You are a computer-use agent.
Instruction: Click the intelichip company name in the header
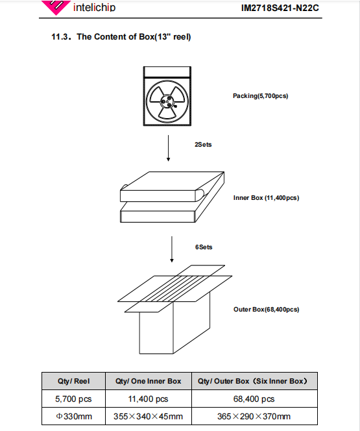pyautogui.click(x=94, y=7)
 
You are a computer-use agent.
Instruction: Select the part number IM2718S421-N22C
pyautogui.click(x=280, y=8)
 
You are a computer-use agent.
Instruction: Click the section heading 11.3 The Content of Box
pyautogui.click(x=121, y=36)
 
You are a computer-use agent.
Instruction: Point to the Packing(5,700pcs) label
pyautogui.click(x=260, y=96)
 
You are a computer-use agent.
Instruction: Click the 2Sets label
pyautogui.click(x=203, y=145)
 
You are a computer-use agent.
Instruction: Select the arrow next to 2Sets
pyautogui.click(x=169, y=148)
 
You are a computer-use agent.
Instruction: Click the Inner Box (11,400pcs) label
pyautogui.click(x=266, y=198)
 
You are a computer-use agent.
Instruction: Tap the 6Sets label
pyautogui.click(x=204, y=247)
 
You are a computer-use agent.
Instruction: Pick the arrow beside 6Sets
pyautogui.click(x=172, y=249)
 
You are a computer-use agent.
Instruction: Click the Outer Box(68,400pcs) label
pyautogui.click(x=267, y=310)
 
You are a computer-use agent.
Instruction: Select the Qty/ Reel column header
pyautogui.click(x=73, y=381)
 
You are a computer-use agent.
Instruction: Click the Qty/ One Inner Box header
pyautogui.click(x=149, y=381)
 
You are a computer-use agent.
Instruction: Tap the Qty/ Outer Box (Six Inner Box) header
pyautogui.click(x=252, y=381)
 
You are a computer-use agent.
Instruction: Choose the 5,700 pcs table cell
pyautogui.click(x=73, y=399)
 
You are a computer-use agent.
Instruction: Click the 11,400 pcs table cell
pyautogui.click(x=149, y=399)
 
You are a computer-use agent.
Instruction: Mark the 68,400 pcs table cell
pyautogui.click(x=254, y=399)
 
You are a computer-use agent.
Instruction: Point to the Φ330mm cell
pyautogui.click(x=74, y=417)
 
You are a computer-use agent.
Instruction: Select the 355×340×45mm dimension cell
pyautogui.click(x=149, y=417)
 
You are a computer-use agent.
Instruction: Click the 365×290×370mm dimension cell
pyautogui.click(x=254, y=417)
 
